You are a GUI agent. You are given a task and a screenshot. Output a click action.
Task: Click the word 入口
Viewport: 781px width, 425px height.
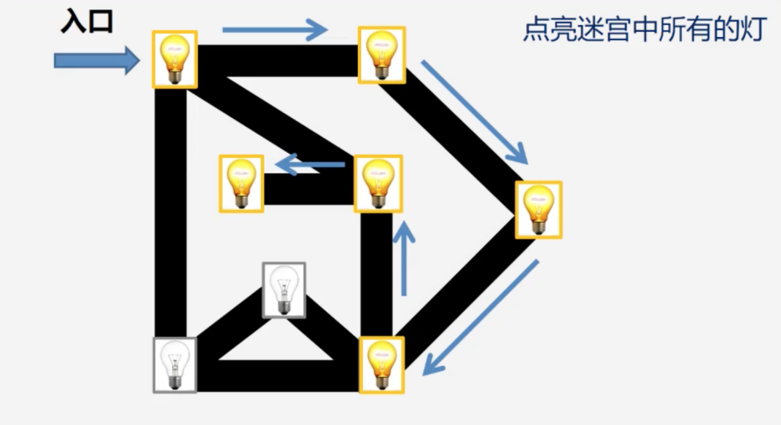[x=87, y=23]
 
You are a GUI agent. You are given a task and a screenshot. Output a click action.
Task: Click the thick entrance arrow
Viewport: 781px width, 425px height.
[x=97, y=60]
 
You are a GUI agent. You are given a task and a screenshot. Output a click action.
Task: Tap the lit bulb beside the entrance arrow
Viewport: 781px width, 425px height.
[x=174, y=59]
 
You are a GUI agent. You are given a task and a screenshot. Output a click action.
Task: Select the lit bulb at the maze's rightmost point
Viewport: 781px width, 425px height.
[x=538, y=210]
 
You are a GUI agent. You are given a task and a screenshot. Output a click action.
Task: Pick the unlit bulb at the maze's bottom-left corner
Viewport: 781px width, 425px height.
[x=174, y=365]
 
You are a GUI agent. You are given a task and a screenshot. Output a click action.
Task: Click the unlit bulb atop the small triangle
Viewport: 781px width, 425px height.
[x=284, y=290]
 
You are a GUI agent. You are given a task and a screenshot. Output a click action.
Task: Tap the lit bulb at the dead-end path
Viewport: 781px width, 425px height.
[x=241, y=184]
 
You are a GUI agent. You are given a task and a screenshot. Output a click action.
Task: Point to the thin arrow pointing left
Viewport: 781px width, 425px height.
[x=310, y=164]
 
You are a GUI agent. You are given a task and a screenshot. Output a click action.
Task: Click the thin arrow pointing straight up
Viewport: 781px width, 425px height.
[x=404, y=258]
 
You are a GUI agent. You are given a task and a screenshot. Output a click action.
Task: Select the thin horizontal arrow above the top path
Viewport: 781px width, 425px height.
[x=275, y=30]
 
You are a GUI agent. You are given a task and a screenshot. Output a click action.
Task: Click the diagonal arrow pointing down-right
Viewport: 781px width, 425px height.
[x=474, y=112]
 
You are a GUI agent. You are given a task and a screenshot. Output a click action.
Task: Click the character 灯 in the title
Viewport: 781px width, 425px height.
[x=754, y=29]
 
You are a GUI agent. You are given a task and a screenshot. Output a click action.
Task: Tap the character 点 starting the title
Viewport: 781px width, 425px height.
[x=536, y=29]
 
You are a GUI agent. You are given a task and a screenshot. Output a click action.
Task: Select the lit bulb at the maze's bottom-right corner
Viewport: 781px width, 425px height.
[x=381, y=365]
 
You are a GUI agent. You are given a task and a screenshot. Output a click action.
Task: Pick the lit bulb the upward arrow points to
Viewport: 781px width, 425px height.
[x=378, y=184]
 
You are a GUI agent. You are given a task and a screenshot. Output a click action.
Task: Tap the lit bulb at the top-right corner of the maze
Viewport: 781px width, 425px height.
[x=381, y=55]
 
